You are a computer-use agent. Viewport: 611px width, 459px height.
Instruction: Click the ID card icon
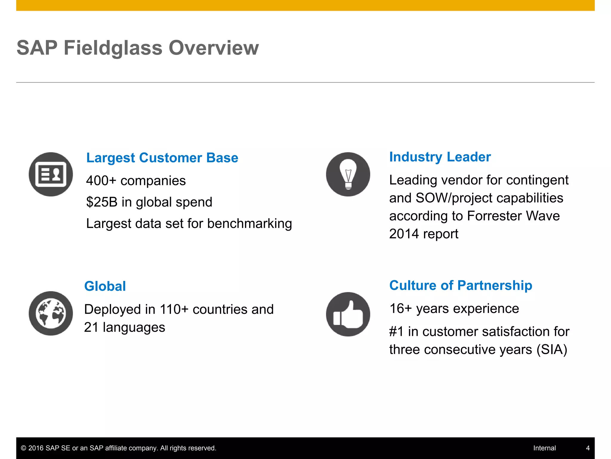pyautogui.click(x=51, y=174)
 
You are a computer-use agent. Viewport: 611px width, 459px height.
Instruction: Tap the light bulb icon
pyautogui.click(x=348, y=174)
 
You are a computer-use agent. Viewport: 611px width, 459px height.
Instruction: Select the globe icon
pyautogui.click(x=51, y=313)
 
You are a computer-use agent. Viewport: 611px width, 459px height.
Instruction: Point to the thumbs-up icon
pyautogui.click(x=348, y=314)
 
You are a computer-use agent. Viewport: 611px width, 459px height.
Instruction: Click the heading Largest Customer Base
pyautogui.click(x=162, y=158)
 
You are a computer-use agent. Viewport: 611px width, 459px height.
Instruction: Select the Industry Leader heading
pyautogui.click(x=440, y=157)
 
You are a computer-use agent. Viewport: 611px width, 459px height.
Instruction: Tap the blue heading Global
pyautogui.click(x=105, y=286)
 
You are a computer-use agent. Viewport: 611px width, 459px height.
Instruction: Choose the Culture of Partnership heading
pyautogui.click(x=461, y=285)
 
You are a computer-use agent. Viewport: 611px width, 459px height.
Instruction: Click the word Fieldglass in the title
pyautogui.click(x=113, y=48)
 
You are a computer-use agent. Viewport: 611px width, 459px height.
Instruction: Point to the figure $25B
pyautogui.click(x=102, y=202)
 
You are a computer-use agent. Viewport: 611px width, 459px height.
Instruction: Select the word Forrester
pyautogui.click(x=494, y=216)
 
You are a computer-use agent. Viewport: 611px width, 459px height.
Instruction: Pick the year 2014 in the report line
pyautogui.click(x=404, y=234)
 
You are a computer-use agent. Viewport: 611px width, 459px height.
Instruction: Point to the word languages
pyautogui.click(x=134, y=328)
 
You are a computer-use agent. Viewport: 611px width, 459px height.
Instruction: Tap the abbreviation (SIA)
pyautogui.click(x=552, y=350)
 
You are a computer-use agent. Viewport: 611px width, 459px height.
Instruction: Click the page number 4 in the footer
pyautogui.click(x=588, y=448)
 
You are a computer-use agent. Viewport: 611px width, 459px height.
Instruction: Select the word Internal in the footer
pyautogui.click(x=544, y=448)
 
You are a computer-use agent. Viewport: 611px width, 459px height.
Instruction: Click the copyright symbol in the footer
pyautogui.click(x=24, y=448)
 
